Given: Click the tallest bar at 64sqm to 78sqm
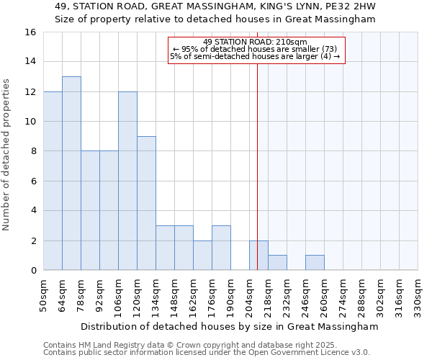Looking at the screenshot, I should tap(71, 174).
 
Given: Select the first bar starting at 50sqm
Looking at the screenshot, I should tap(53, 181).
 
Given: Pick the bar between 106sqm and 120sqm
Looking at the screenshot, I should tap(127, 181).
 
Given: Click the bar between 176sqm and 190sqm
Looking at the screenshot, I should tap(221, 248).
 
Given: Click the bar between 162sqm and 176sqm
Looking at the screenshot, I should tap(202, 256).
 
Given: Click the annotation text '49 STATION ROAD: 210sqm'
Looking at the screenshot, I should tap(256, 42).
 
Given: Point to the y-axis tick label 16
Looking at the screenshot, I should tap(30, 32).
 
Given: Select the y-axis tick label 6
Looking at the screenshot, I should tap(32, 181).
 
